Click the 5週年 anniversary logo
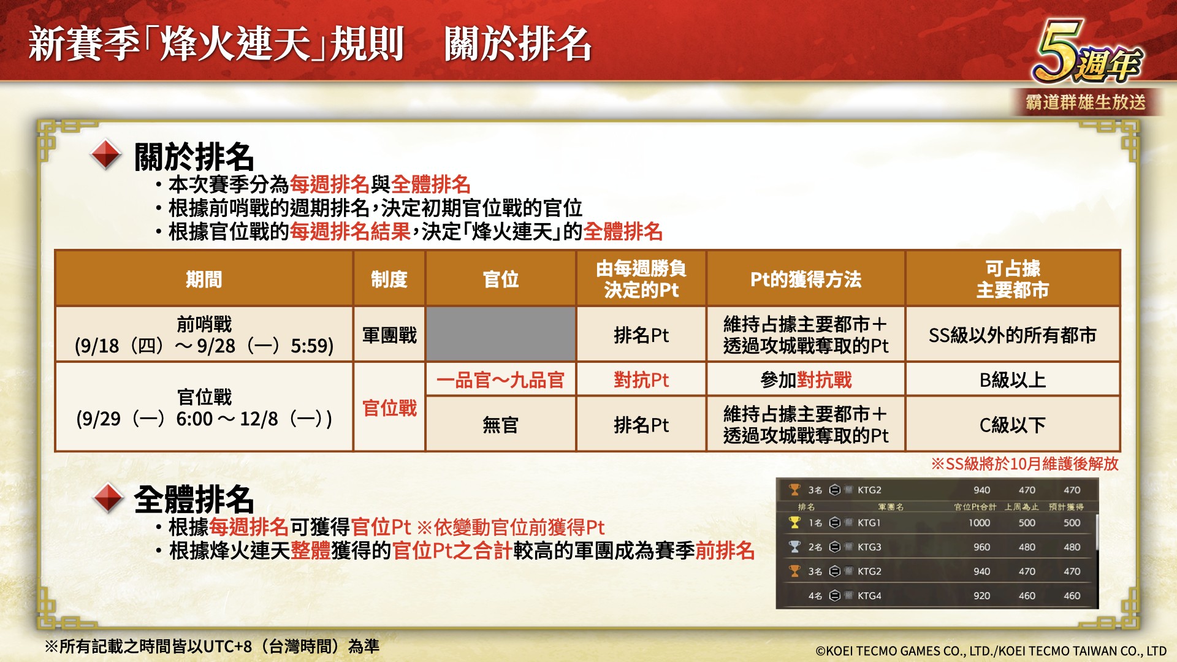coord(1086,53)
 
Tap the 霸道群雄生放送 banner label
coord(1086,102)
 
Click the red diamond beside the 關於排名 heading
coord(106,155)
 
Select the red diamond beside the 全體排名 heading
coord(109,498)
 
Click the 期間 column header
coord(204,279)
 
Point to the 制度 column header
coord(389,279)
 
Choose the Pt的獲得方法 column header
coord(806,279)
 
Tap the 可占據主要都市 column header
coord(1013,279)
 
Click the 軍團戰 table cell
coord(389,335)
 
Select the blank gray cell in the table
coord(501,334)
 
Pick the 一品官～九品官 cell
coord(501,380)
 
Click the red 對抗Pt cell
coord(641,380)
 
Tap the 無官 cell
coord(501,425)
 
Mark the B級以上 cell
coord(1013,380)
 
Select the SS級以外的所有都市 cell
coord(1013,335)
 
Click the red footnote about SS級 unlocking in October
coord(1025,463)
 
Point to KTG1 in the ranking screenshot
coord(869,523)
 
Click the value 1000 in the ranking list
coord(979,523)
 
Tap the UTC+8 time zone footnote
coord(212,646)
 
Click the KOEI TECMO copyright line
coord(991,651)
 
